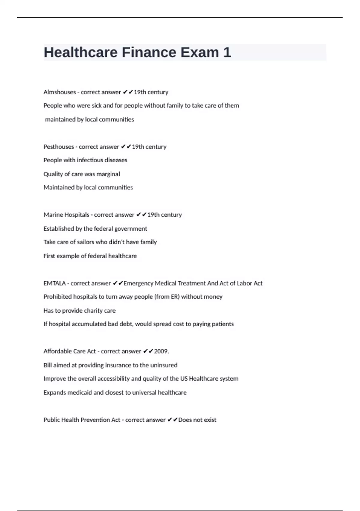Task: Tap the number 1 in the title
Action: (x=227, y=52)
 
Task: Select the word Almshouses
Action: (x=60, y=92)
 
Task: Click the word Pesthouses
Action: (x=59, y=147)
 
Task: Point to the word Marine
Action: (x=53, y=215)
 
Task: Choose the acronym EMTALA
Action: (x=55, y=283)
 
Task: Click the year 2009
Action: (x=161, y=351)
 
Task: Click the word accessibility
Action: (x=113, y=379)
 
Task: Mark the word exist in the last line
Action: (x=210, y=420)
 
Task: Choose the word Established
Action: (x=59, y=229)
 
